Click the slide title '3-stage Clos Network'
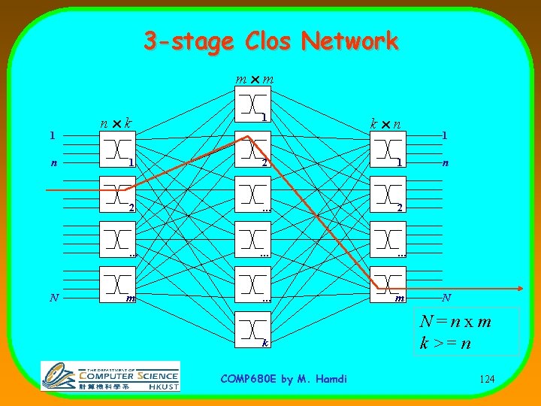270,41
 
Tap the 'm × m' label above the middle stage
254,79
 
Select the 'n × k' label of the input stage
117,121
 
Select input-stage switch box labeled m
118,283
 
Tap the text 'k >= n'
446,344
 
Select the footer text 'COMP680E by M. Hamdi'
284,379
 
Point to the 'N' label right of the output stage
446,298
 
